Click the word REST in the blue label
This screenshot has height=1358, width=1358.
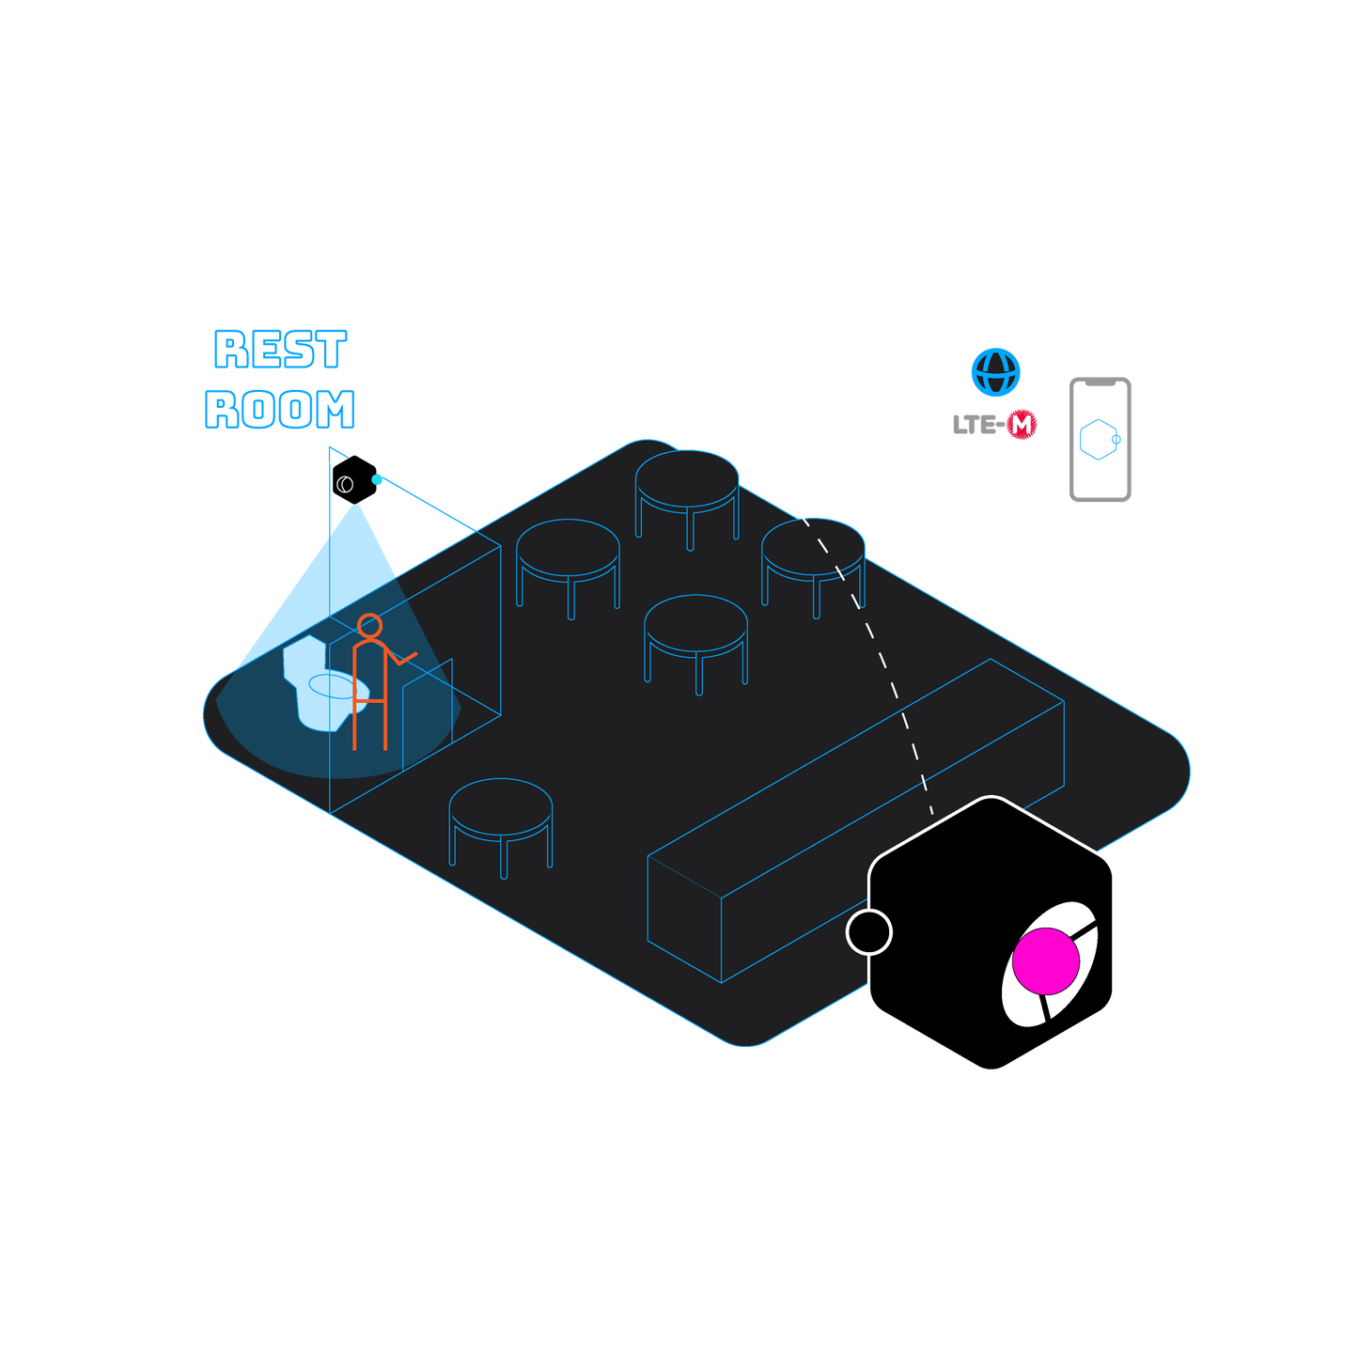tap(281, 349)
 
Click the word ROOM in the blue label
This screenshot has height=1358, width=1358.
tap(280, 409)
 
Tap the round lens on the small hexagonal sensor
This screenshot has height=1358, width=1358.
tap(345, 485)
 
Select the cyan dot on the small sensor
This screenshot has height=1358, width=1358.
tap(378, 479)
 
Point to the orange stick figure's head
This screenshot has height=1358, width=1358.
tap(369, 626)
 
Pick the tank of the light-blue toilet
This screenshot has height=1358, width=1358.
tap(305, 658)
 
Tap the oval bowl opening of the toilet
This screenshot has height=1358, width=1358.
tap(331, 686)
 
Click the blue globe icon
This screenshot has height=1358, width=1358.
tap(995, 372)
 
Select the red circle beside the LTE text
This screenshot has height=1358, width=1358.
tap(1022, 425)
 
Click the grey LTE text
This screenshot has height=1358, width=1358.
tap(975, 426)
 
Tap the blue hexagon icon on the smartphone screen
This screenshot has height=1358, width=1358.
tap(1099, 439)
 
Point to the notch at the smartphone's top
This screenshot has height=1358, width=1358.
tap(1100, 383)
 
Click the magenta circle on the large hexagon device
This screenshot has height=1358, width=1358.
tap(1046, 960)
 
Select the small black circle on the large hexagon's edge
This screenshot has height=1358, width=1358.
tap(869, 931)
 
